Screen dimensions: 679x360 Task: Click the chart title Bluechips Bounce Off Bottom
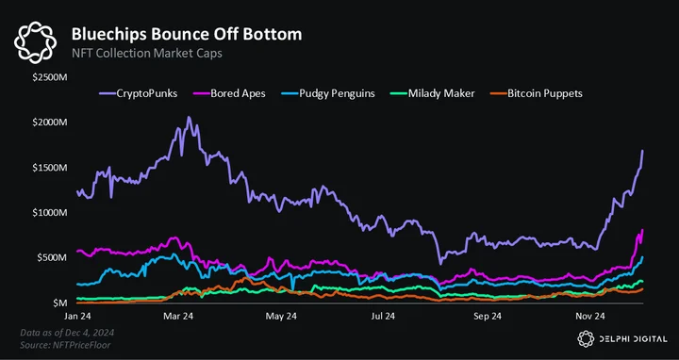(187, 34)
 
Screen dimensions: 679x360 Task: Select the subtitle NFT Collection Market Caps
(147, 54)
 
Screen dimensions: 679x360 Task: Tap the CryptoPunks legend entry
(138, 93)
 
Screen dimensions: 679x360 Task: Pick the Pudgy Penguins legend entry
(329, 93)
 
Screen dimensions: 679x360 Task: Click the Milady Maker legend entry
(433, 93)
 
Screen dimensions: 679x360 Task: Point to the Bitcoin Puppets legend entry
(536, 93)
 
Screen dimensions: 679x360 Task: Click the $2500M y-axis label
(51, 78)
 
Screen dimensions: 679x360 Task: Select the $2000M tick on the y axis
(51, 123)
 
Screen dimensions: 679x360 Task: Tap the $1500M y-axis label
(51, 168)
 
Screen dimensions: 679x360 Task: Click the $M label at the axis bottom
(60, 303)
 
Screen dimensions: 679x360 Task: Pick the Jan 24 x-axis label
(77, 317)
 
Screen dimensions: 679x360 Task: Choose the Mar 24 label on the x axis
(179, 317)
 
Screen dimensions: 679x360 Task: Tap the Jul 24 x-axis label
(383, 317)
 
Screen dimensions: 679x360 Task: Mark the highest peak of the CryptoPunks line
(189, 117)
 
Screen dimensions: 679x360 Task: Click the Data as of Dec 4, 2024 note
(67, 333)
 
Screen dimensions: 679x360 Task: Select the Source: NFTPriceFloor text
(65, 345)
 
